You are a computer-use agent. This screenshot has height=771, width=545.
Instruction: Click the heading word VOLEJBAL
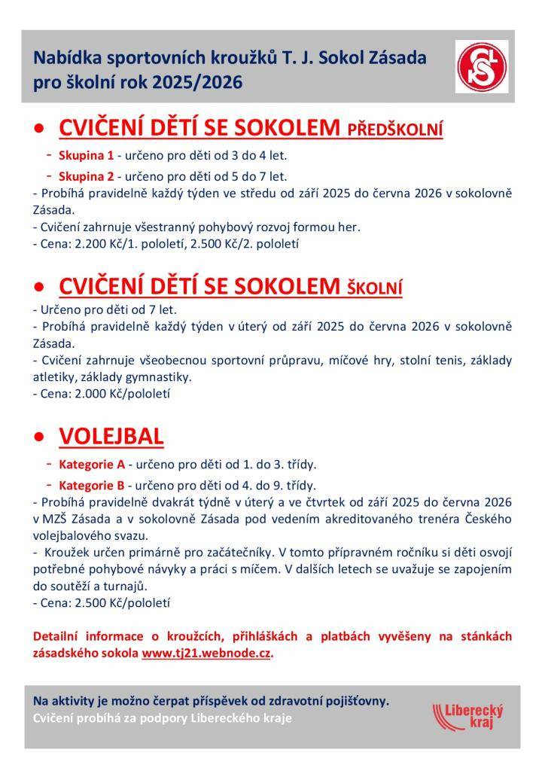(111, 437)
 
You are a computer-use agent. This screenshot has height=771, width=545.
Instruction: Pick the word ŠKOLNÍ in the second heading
(374, 288)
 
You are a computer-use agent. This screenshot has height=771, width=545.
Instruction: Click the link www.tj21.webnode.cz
(206, 653)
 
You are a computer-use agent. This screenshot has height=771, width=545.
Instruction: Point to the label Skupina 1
(86, 156)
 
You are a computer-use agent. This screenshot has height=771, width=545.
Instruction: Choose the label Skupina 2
(86, 177)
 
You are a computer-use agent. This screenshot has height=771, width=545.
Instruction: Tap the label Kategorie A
(92, 464)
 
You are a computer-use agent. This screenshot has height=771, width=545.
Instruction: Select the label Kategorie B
(92, 485)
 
